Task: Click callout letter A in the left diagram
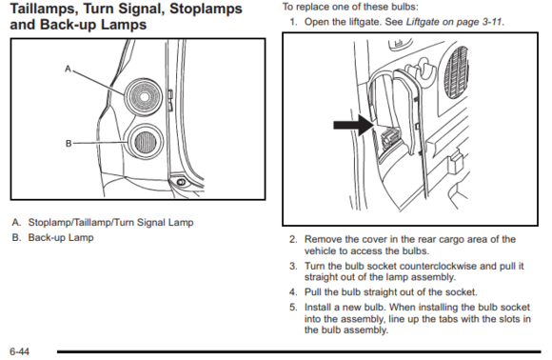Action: coord(68,69)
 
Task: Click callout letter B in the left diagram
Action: coord(69,144)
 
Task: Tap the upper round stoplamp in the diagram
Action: coord(144,96)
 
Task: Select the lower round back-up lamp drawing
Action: coord(145,142)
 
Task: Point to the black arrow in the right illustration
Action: coord(354,125)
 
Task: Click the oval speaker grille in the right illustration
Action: coord(457,73)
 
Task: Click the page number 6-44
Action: coord(20,351)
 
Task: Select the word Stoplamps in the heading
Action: coord(206,9)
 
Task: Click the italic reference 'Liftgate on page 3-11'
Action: coord(454,22)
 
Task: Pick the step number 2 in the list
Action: coord(293,240)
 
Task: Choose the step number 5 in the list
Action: coord(293,308)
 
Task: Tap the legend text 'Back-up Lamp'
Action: coord(61,238)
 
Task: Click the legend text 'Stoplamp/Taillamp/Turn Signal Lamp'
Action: coord(111,223)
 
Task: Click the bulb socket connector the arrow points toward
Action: coord(389,138)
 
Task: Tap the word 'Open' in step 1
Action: coord(315,22)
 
